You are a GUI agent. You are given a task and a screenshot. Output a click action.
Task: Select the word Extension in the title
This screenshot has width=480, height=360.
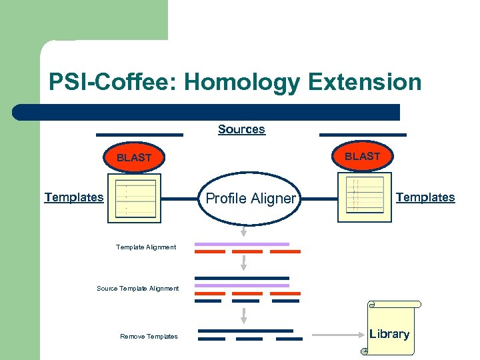(365, 83)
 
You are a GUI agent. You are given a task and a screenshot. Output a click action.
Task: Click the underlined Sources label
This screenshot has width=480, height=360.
(241, 129)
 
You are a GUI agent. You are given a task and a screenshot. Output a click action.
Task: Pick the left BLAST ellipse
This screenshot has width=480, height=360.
(134, 158)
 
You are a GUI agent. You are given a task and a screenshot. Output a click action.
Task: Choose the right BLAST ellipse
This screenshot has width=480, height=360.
(362, 157)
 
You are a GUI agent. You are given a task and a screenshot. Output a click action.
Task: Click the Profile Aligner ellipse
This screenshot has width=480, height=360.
(250, 198)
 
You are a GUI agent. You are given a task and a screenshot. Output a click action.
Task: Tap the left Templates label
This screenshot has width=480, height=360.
(74, 197)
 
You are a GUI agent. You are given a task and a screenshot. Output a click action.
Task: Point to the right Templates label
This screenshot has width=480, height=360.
(425, 197)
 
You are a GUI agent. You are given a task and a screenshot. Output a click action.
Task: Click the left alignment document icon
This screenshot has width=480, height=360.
(131, 199)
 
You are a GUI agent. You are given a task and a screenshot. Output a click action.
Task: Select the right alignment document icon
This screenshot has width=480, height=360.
(361, 195)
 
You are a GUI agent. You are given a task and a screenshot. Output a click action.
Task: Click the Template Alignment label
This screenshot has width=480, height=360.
(146, 247)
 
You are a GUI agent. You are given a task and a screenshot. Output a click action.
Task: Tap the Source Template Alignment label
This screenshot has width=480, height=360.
(138, 289)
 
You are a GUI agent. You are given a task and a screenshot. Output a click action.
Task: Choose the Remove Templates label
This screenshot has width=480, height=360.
(149, 337)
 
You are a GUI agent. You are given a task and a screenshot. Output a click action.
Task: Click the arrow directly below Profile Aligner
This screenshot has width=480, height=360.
(243, 231)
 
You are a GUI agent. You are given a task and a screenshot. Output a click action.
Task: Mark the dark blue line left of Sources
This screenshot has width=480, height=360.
(139, 135)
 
